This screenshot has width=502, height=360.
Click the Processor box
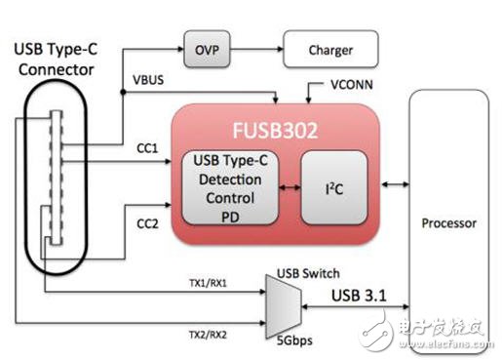(x=449, y=222)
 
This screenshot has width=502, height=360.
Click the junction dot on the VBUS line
(x=123, y=93)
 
